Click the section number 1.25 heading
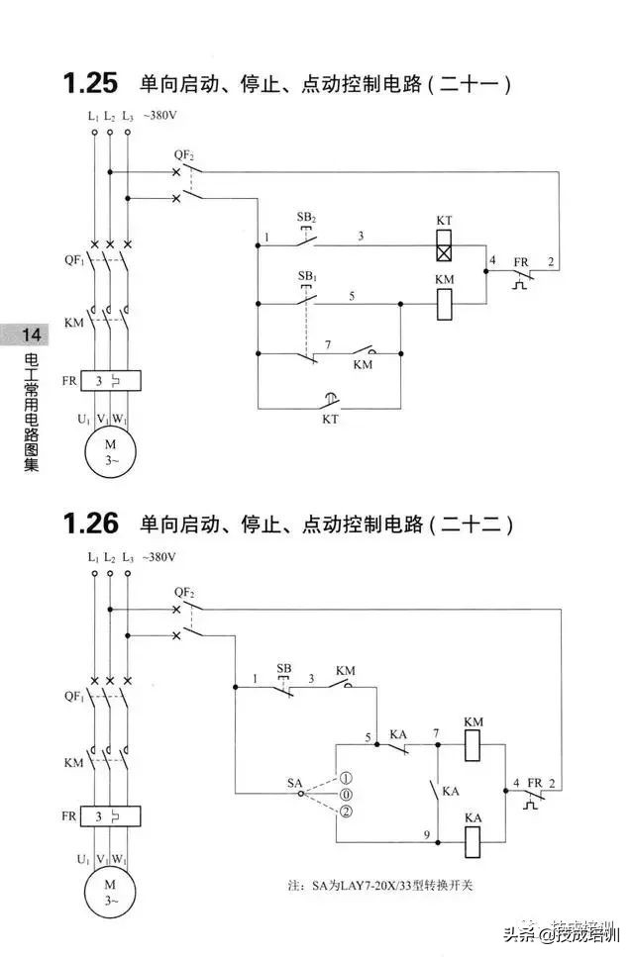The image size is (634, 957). point(90,82)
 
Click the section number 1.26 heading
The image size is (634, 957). point(90,524)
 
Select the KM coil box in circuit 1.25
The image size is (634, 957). point(445,304)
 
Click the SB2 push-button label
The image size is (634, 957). point(306,217)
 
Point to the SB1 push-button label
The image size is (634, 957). point(306,274)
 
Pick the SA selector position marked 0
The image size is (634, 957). point(345,795)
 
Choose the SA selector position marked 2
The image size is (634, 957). point(345,812)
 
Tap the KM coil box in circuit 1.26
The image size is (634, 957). point(473,745)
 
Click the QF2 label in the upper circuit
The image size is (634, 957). point(184,155)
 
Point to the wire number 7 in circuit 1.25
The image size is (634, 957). point(328,343)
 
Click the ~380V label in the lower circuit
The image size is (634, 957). point(159,558)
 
